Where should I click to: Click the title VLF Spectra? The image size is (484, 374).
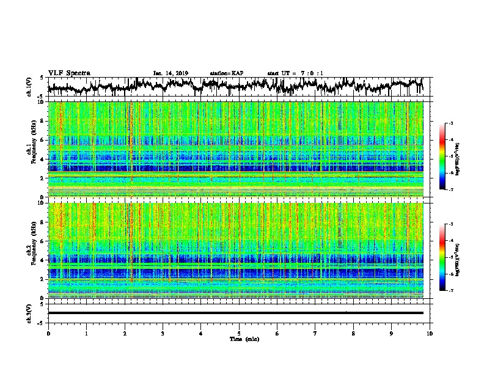pos(69,73)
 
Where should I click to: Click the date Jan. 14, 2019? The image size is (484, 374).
pos(170,73)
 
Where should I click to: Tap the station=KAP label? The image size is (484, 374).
pos(226,73)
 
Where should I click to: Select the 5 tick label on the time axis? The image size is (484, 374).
pos(239,333)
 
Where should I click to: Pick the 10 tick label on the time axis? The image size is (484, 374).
pos(430,333)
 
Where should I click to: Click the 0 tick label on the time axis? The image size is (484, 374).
pos(48,333)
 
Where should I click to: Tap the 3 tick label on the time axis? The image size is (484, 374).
pos(163,333)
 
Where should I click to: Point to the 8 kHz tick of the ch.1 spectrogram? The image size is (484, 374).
pos(42,121)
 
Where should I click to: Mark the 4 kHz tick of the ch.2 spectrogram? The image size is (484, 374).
pos(42,260)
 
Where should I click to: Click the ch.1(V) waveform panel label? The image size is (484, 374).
pos(30,87)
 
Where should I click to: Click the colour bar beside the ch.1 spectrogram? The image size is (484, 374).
pos(442,157)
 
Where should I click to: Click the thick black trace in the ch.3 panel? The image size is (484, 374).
pos(235,313)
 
